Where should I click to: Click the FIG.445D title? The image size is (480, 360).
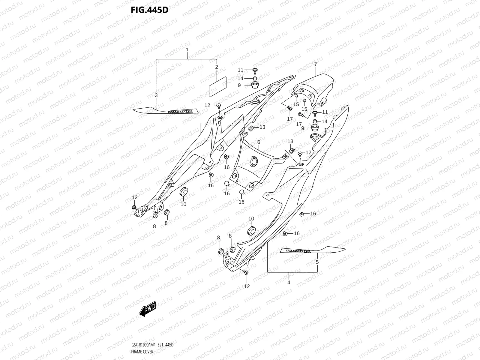pyautogui.click(x=149, y=10)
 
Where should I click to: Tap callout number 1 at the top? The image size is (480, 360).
pyautogui.click(x=187, y=49)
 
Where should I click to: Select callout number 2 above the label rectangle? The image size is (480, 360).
pyautogui.click(x=216, y=67)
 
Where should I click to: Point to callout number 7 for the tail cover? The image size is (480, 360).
pyautogui.click(x=316, y=64)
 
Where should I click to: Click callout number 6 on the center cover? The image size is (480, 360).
pyautogui.click(x=258, y=142)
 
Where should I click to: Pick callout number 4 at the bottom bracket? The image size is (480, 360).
pyautogui.click(x=289, y=282)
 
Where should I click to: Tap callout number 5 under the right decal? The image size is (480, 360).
pyautogui.click(x=317, y=262)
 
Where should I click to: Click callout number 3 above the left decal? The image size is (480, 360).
pyautogui.click(x=156, y=95)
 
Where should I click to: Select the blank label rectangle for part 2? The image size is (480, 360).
pyautogui.click(x=217, y=86)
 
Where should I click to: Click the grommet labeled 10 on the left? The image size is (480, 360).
pyautogui.click(x=183, y=192)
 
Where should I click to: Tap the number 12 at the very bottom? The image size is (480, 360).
pyautogui.click(x=247, y=286)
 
